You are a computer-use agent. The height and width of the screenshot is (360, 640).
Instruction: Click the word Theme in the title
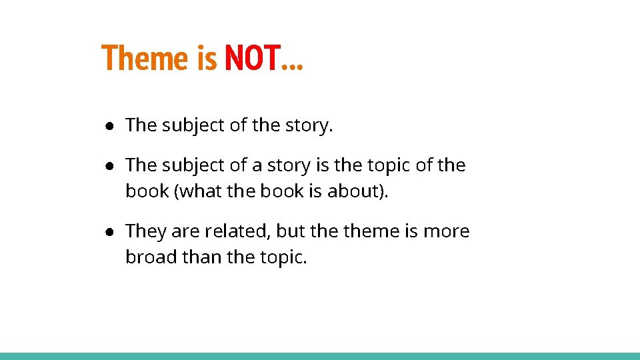[x=145, y=58]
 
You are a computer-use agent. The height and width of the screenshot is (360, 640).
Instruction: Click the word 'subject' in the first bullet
[x=193, y=125]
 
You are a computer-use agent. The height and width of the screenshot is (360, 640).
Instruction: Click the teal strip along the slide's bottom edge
[x=320, y=356]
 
